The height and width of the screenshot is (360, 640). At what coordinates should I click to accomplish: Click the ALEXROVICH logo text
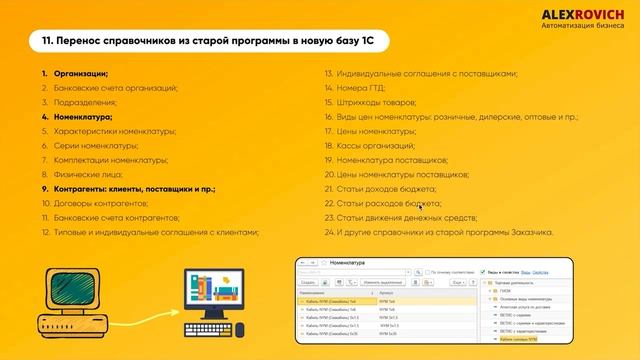tap(582, 14)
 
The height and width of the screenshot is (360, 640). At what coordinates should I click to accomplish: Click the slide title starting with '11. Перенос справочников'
tap(209, 41)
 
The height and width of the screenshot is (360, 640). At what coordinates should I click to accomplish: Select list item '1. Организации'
tap(75, 74)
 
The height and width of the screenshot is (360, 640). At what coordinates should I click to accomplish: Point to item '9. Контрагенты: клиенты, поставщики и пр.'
tap(129, 188)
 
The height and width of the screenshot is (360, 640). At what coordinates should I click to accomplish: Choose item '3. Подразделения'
tap(80, 103)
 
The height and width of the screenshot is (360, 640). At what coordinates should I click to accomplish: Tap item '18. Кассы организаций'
tap(369, 146)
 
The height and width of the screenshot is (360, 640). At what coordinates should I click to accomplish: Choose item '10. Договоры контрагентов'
tap(96, 203)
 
